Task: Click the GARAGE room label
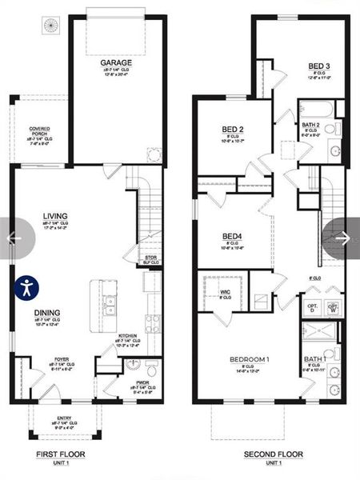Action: click(x=116, y=62)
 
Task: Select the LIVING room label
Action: click(x=55, y=215)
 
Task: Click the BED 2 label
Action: click(x=233, y=129)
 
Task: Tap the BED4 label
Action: click(x=232, y=237)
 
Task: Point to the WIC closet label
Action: click(x=226, y=293)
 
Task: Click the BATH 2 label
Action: click(x=311, y=125)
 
